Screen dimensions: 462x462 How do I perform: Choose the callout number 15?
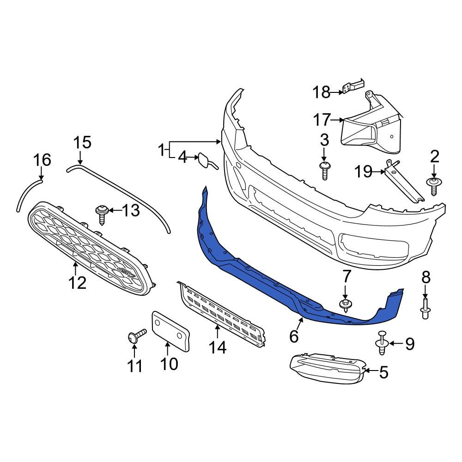click(83, 143)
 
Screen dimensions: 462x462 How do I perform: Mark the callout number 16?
click(42, 160)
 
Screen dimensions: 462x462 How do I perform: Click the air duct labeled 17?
click(370, 127)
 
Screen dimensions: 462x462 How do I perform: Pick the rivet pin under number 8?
click(426, 309)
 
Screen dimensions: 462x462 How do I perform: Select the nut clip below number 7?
click(345, 304)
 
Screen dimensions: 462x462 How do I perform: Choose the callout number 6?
click(294, 336)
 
